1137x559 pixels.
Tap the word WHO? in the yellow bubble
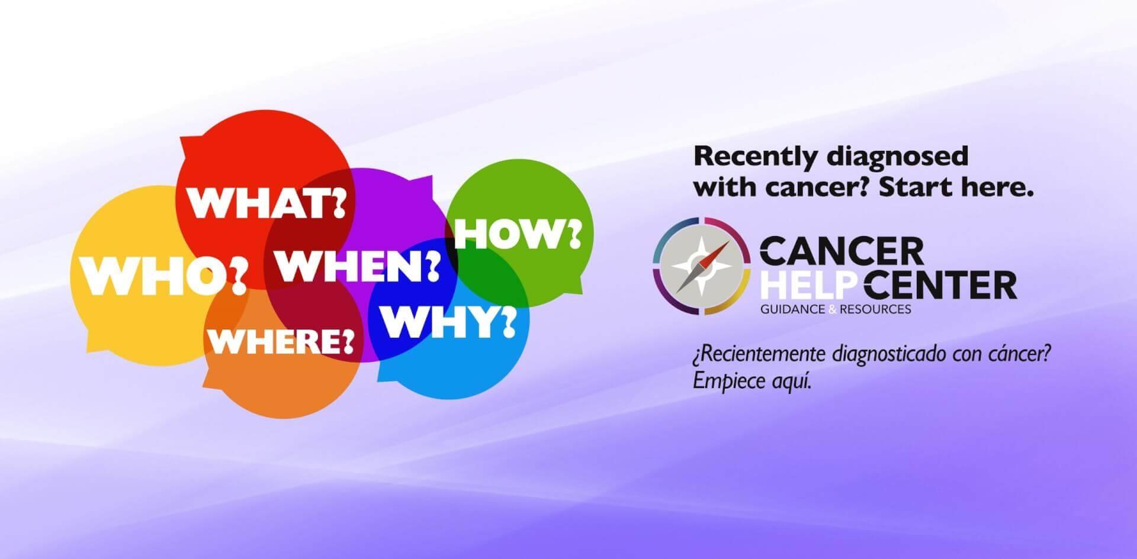pyautogui.click(x=164, y=276)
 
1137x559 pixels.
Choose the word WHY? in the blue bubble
pyautogui.click(x=448, y=322)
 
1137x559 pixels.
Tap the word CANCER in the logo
pyautogui.click(x=841, y=251)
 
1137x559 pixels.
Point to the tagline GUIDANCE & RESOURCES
pyautogui.click(x=836, y=309)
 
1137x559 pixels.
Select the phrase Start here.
pyautogui.click(x=956, y=188)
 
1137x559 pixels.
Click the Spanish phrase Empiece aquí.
pyautogui.click(x=751, y=382)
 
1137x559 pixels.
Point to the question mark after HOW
pyautogui.click(x=573, y=235)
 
